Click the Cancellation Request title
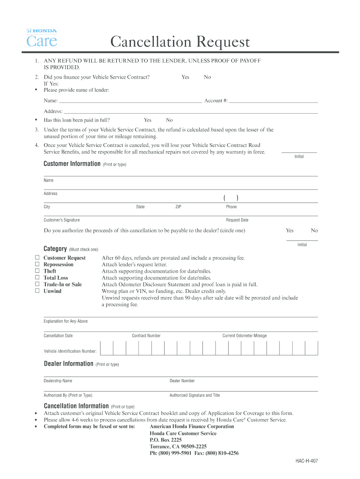[180, 43]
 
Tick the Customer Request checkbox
[37, 258]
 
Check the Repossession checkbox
[37, 264]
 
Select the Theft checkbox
[37, 271]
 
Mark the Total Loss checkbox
[37, 277]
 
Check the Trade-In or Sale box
[37, 284]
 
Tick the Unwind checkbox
[37, 290]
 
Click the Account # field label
[216, 101]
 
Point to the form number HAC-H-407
[306, 461]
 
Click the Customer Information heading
[72, 164]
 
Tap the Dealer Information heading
[68, 364]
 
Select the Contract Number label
[146, 336]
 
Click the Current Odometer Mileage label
[245, 336]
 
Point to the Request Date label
[237, 220]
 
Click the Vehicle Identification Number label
[70, 351]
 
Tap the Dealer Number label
[182, 381]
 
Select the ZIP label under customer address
[178, 207]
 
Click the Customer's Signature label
[62, 220]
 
